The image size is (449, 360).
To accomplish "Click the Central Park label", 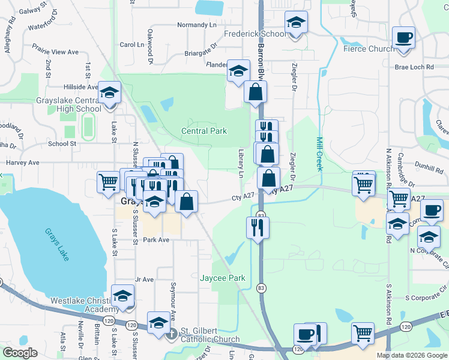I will [204, 131].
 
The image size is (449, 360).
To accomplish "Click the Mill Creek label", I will [320, 153].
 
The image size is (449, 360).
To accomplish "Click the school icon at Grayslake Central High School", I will [110, 92].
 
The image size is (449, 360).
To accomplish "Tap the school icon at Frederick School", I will [295, 23].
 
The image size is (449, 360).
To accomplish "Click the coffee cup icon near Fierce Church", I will [404, 37].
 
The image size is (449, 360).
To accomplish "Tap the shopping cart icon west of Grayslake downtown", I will [108, 181].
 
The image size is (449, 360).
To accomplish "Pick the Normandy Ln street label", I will [196, 25].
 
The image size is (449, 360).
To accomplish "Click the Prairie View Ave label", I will [56, 52].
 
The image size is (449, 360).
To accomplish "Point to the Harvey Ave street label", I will [22, 163].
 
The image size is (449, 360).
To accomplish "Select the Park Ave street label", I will [156, 239].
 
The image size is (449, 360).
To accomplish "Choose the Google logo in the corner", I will [20, 353].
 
